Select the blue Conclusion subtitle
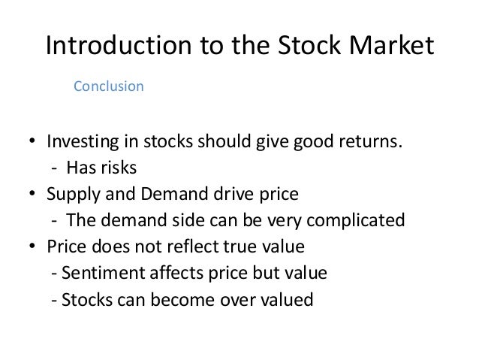[x=108, y=86]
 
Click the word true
[x=227, y=247]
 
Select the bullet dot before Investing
[x=33, y=144]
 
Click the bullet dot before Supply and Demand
[x=33, y=195]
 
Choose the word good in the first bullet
[x=305, y=143]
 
